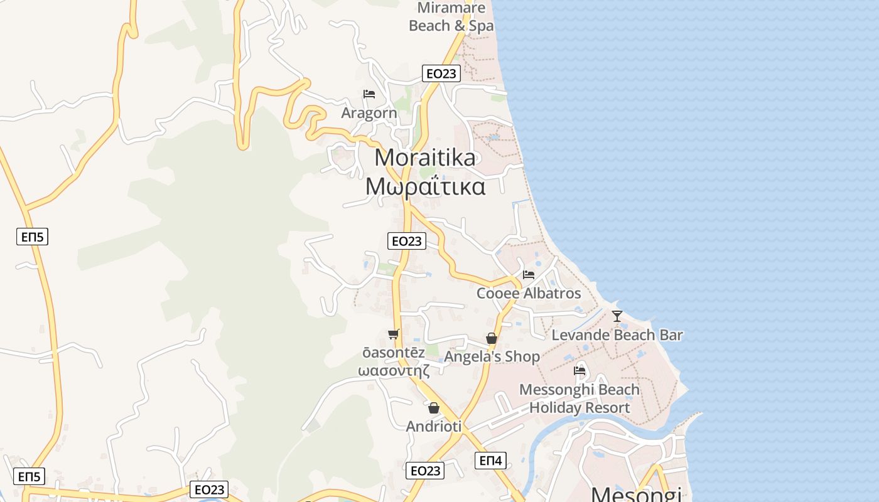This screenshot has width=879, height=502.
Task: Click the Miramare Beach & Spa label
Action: pos(451,17)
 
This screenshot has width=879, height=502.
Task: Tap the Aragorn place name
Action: pos(369,113)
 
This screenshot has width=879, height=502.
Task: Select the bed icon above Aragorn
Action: pos(369,94)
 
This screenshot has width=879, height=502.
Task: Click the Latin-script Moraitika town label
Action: pos(425,158)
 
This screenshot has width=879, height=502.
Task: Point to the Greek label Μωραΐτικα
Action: pos(425,186)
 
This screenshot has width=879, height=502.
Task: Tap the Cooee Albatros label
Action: pos(529,293)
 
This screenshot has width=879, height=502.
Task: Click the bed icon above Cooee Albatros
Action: pos(529,275)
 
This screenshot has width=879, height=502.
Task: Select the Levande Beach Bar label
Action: pos(617,334)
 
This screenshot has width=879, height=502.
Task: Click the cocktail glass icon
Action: pos(617,316)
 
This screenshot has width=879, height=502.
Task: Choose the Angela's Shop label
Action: pos(492,356)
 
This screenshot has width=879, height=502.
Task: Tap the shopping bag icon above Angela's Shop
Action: pos(492,339)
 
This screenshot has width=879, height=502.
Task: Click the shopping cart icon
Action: pos(394,334)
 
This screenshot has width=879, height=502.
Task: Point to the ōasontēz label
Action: pos(394,353)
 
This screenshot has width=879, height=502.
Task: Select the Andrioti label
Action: pos(434,426)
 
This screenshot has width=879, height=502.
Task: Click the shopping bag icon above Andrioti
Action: pos(434,409)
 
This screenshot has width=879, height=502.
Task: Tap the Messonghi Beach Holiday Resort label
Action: pos(580,398)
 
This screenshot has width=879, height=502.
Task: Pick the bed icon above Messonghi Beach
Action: pos(580,371)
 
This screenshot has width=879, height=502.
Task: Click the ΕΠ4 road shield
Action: pos(491,461)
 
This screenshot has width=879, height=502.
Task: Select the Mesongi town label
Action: pos(636,494)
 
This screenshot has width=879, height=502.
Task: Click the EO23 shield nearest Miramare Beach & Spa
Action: pos(441,73)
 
